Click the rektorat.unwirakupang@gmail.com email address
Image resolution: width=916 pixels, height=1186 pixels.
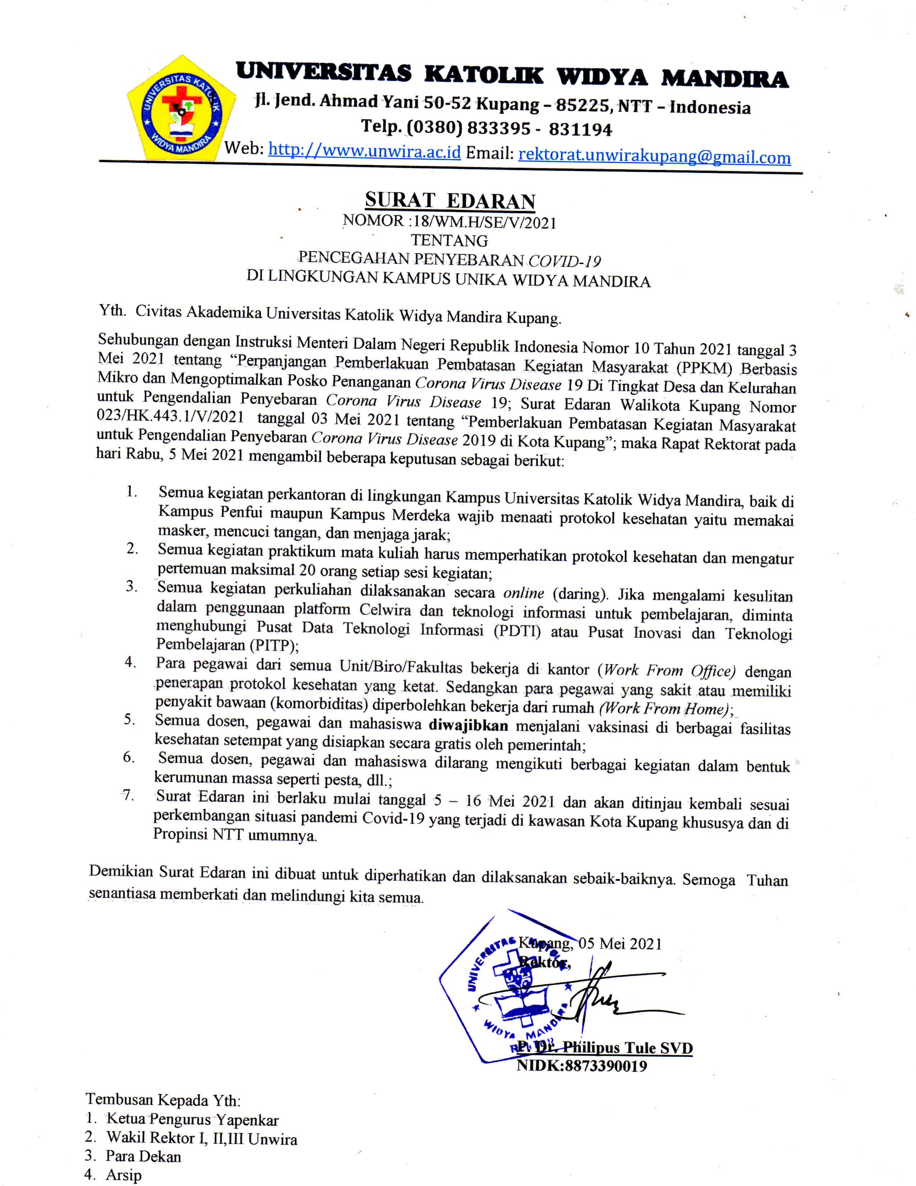point(654,156)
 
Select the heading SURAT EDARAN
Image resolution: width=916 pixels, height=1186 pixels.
point(450,201)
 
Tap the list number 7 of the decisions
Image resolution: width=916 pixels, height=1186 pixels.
point(128,796)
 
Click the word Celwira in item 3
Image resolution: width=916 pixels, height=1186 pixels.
point(384,610)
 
